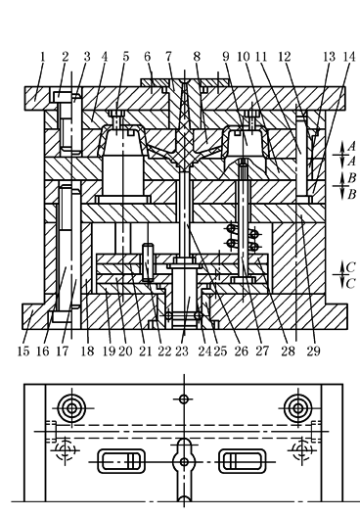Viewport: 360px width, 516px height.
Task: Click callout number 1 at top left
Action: click(x=42, y=57)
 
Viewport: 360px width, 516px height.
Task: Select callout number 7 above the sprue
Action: click(x=168, y=57)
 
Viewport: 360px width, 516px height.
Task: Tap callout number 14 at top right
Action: click(x=349, y=57)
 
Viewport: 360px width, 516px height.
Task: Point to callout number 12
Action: click(x=285, y=57)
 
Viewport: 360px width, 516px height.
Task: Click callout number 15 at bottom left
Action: click(x=23, y=352)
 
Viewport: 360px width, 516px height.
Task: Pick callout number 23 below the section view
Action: click(x=182, y=352)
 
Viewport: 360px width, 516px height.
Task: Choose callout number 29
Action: click(x=313, y=352)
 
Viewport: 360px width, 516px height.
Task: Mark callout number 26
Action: click(x=242, y=352)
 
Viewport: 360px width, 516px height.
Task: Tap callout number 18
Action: click(x=87, y=352)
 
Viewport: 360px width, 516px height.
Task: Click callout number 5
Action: click(x=126, y=57)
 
